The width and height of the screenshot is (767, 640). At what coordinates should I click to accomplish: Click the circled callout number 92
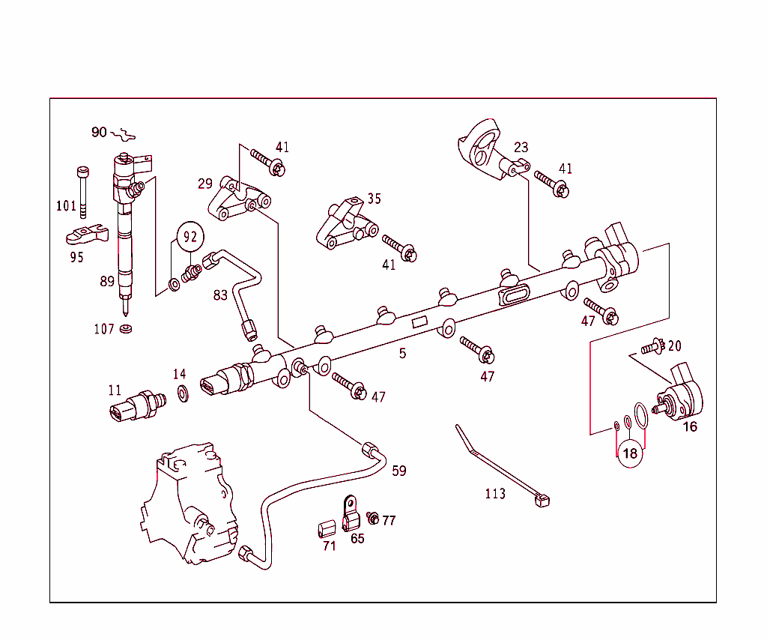pyautogui.click(x=190, y=237)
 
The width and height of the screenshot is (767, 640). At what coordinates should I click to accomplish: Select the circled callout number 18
pyautogui.click(x=630, y=453)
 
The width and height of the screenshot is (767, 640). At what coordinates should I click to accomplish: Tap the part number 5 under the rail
pyautogui.click(x=403, y=353)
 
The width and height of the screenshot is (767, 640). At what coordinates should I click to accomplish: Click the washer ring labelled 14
pyautogui.click(x=182, y=392)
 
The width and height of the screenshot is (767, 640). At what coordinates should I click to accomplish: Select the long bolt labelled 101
pyautogui.click(x=82, y=191)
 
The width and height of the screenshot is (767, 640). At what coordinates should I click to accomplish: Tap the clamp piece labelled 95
pyautogui.click(x=84, y=235)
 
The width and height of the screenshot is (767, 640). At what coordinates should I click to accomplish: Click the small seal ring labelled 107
pyautogui.click(x=127, y=329)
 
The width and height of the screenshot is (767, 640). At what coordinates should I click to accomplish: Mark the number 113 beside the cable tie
pyautogui.click(x=495, y=493)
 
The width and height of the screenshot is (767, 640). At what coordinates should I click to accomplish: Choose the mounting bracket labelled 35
pyautogui.click(x=345, y=226)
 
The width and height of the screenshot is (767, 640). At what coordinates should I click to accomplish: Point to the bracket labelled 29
pyautogui.click(x=238, y=202)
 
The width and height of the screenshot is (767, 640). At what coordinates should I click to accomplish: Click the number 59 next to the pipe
pyautogui.click(x=399, y=471)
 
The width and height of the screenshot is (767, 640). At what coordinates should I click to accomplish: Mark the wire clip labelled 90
pyautogui.click(x=123, y=135)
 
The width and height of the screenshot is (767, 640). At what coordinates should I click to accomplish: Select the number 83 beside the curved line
pyautogui.click(x=220, y=295)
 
